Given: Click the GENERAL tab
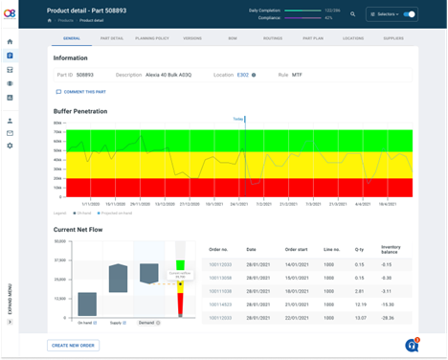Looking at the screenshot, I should point(71,38).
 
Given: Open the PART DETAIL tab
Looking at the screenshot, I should point(111,38).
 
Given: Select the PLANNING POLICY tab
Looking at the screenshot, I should point(152,38).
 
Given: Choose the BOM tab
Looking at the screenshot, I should point(231,38).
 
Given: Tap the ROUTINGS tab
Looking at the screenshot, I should point(271,38).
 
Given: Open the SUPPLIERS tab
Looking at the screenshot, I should point(394,38).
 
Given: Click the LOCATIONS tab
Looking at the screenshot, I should point(353,38).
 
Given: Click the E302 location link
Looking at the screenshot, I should point(243,74).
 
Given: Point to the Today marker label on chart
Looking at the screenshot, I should point(238,119).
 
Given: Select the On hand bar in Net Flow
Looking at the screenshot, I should point(87,304).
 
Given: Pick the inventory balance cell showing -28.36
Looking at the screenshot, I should point(388,318).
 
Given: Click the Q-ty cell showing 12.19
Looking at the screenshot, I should point(361,304).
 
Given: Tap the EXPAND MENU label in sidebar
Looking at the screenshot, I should point(10,297).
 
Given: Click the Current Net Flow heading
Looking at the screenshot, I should point(78,230).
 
